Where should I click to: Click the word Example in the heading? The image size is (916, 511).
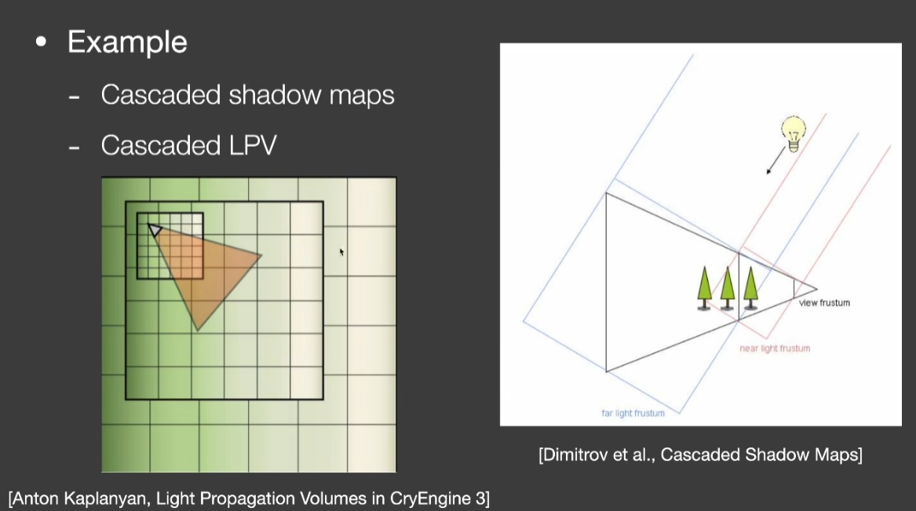coord(127,42)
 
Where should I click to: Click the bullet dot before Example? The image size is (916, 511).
coord(41,42)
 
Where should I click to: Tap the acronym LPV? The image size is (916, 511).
coord(253,145)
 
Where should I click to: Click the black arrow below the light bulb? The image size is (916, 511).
coord(776,161)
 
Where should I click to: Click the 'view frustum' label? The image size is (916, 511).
coord(824,302)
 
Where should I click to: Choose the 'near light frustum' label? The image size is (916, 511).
coord(775,348)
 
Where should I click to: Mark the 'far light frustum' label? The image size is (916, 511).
coord(633,413)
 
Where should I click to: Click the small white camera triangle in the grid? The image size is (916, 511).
coord(154,229)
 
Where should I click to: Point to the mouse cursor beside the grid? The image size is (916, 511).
coord(341,252)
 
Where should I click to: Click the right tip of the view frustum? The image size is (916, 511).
coord(816,289)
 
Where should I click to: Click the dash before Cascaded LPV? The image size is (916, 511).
coord(74,147)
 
